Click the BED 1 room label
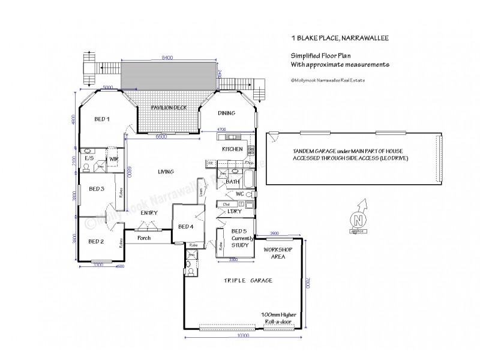pos(102,119)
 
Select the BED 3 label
pos(97,188)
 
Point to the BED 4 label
pos(186,226)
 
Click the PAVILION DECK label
pos(169,107)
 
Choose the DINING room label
pos(226,113)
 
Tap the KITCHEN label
pos(232,149)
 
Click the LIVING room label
pos(166,172)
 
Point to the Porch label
pos(143,238)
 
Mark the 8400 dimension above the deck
pos(167,58)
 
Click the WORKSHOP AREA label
pos(278,252)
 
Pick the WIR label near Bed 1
pos(113,158)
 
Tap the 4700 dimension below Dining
pos(221,129)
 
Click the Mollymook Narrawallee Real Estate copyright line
pos(329,79)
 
